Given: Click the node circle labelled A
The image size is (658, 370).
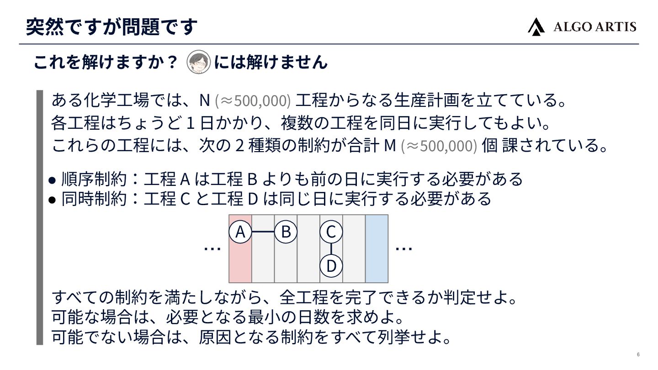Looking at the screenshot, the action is (240, 232).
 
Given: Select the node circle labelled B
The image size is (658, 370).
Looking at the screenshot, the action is (286, 232).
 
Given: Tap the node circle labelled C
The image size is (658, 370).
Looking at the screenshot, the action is (331, 232).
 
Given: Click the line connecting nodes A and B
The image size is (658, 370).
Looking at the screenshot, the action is (263, 232).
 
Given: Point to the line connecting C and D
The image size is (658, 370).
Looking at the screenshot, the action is (331, 249).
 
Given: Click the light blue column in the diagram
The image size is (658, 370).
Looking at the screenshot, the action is (377, 248).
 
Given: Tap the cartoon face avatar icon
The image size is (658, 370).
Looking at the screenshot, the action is (199, 62).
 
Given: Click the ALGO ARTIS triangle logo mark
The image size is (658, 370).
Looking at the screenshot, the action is (536, 26).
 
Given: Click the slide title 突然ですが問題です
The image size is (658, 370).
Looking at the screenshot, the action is (112, 26).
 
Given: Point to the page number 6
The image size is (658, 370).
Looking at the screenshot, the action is (638, 355).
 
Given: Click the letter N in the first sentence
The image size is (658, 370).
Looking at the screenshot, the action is (204, 100).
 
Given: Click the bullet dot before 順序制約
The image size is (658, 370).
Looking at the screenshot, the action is (52, 180).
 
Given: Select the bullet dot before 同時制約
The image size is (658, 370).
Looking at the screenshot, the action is (52, 200).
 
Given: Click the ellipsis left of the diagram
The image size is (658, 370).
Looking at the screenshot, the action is (212, 248).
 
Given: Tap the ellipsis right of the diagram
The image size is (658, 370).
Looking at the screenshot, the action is (404, 248).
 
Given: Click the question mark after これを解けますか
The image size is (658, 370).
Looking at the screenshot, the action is (172, 63).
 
